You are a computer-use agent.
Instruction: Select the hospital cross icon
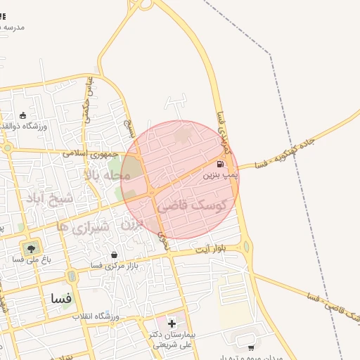pos(172,323)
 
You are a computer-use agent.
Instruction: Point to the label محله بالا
pos(108,174)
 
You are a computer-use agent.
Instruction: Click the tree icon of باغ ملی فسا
pos(30,247)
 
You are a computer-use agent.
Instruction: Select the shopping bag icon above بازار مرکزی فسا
pos(115,255)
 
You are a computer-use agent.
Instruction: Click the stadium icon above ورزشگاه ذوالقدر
pos(23,115)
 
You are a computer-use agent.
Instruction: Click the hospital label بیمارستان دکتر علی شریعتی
pos(173,339)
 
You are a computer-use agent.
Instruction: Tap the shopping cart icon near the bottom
pos(252,347)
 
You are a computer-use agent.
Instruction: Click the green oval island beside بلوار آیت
pos(245,247)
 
